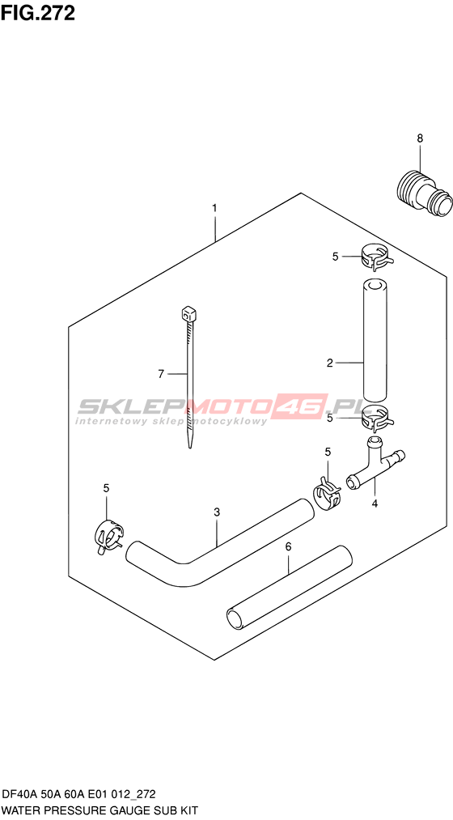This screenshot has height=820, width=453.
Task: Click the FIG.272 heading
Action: click(38, 13)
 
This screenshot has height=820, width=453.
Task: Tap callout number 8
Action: click(420, 138)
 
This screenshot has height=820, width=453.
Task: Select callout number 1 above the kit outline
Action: click(214, 207)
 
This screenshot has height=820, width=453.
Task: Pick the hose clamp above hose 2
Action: click(376, 258)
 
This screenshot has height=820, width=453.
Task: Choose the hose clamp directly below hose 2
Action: click(377, 418)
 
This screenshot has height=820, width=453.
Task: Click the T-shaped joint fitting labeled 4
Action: click(375, 461)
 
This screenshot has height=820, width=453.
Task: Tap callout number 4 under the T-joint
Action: click(374, 503)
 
